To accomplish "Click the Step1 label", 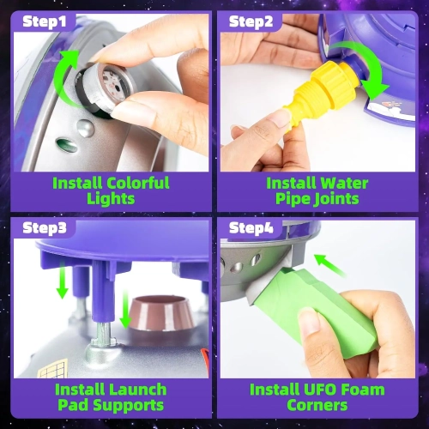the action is click(45, 21).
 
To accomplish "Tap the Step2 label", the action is click(251, 21).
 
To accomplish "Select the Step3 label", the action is click(45, 228).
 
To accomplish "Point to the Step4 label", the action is click(251, 228).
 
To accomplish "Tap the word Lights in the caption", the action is click(111, 199).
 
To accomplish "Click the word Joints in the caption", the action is click(335, 199).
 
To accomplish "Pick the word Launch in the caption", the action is click(137, 390).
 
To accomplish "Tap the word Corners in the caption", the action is click(317, 405).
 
